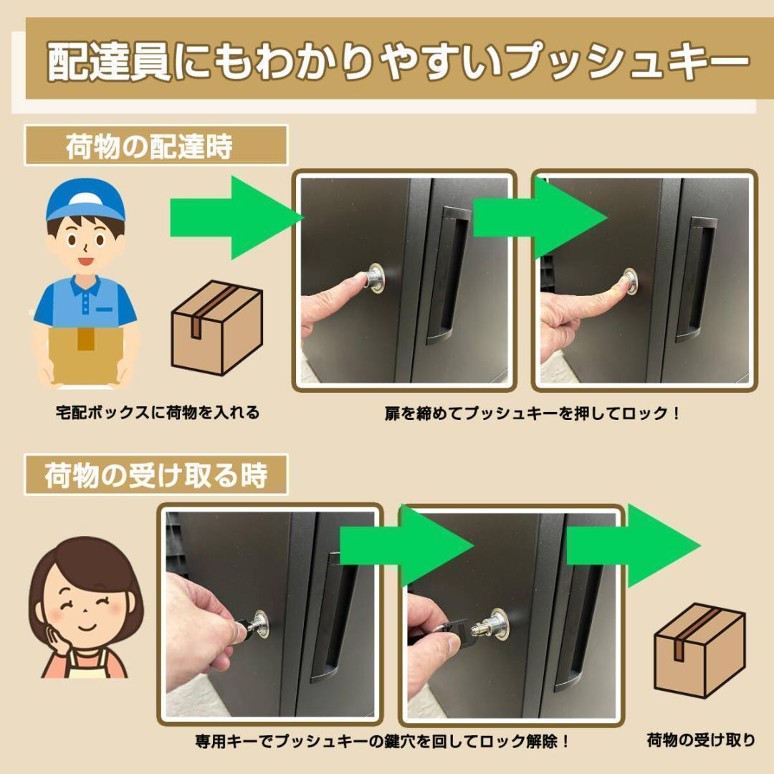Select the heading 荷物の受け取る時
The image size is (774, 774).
(156, 475)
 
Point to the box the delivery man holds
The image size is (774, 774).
(85, 352)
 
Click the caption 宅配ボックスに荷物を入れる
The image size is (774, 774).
(158, 413)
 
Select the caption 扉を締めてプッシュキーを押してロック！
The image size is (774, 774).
(532, 414)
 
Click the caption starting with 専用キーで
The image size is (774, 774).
(383, 740)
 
